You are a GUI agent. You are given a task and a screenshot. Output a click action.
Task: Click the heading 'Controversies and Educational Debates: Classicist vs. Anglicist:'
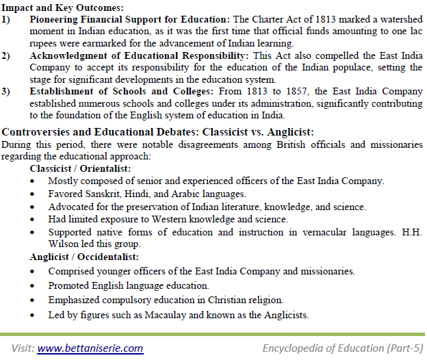pos(158,131)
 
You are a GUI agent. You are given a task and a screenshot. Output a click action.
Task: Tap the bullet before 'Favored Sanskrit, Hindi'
pos(34,194)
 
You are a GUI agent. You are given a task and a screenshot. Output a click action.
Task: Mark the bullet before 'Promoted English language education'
pos(34,285)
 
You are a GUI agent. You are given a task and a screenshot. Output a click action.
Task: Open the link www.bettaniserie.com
pos(90,348)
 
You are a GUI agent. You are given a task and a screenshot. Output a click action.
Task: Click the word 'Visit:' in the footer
pos(22,348)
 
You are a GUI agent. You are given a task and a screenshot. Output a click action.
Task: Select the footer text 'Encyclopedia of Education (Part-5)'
pos(343,348)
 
